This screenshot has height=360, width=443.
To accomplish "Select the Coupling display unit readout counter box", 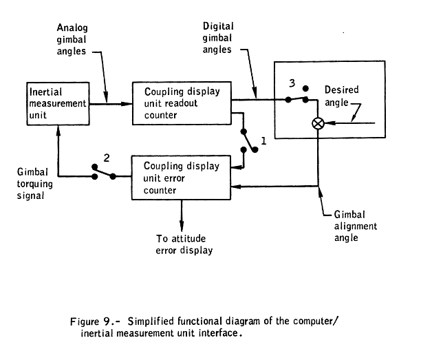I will pos(181,103).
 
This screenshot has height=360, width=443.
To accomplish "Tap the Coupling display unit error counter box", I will pos(181,178).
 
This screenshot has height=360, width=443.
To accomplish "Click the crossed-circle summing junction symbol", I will pos(318,124).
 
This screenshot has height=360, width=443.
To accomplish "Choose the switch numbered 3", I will pos(297,96).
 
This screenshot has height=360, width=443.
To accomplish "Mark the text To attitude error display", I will pos(184,244).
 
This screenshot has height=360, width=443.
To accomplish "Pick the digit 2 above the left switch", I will pos(106,158).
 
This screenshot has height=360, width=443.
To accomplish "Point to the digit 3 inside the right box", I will pos(292,83).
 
